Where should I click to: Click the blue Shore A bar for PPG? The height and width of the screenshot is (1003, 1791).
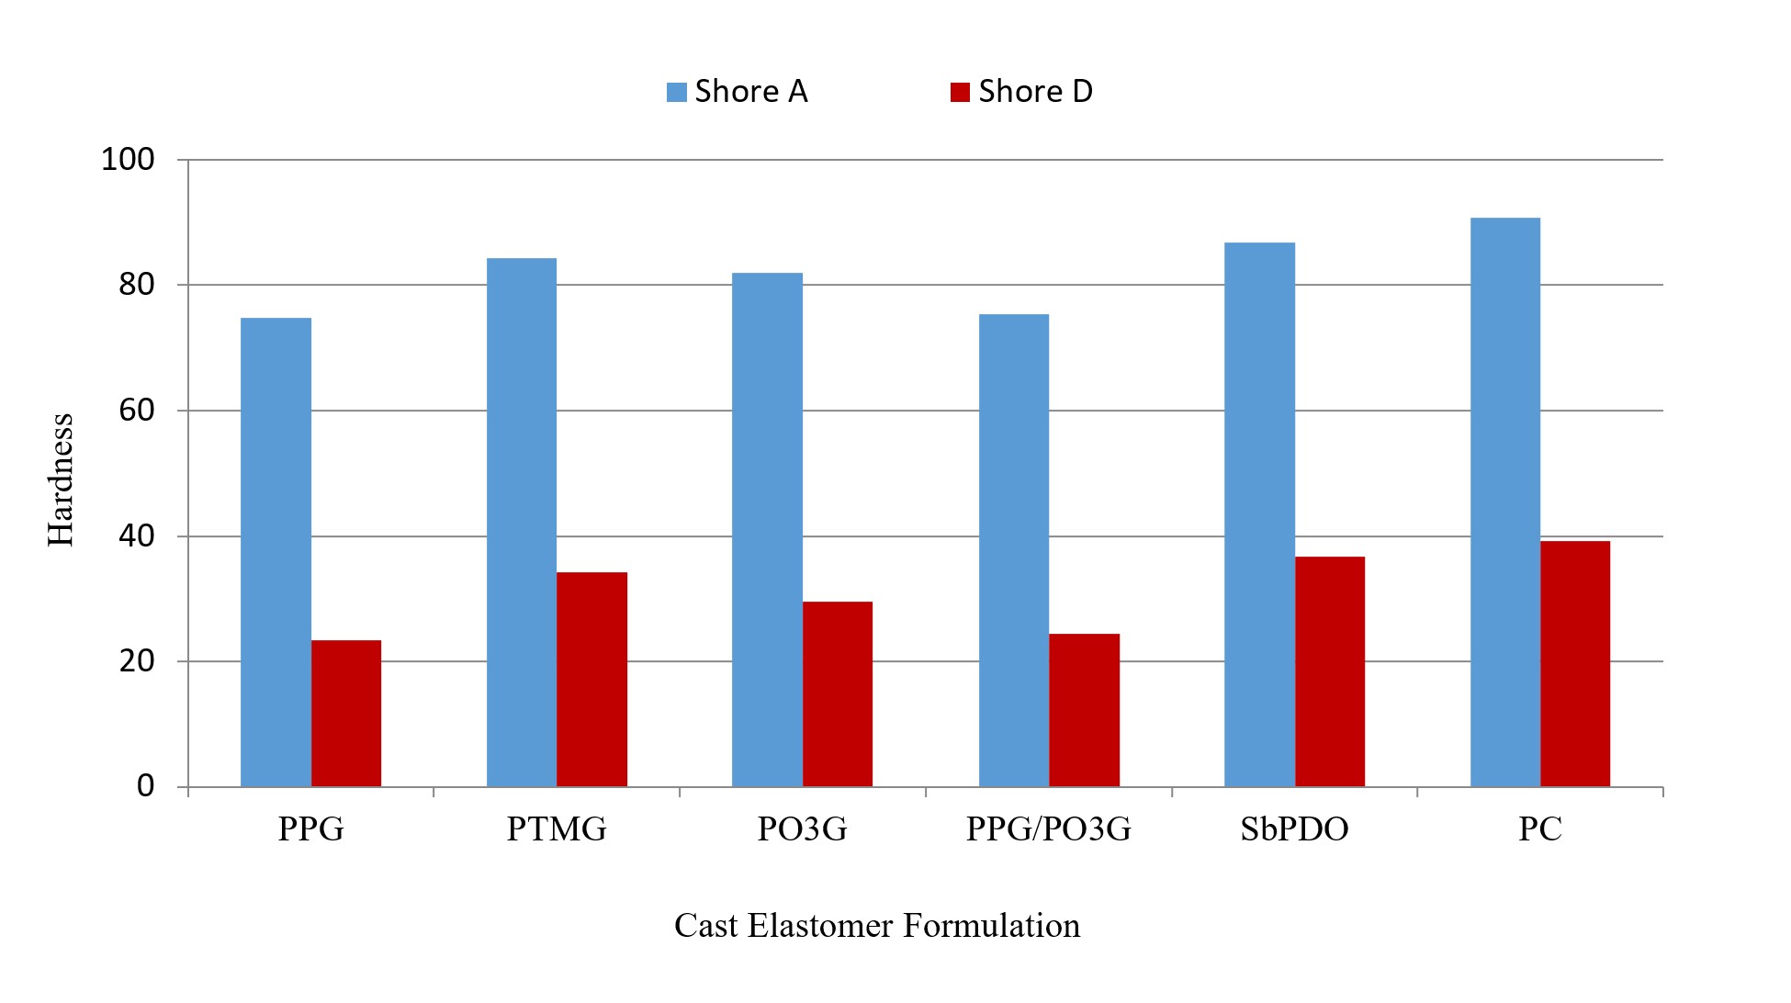click(x=276, y=552)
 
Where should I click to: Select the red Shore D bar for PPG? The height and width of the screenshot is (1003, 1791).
click(x=346, y=714)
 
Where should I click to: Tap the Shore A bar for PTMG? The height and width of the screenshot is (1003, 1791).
click(x=522, y=523)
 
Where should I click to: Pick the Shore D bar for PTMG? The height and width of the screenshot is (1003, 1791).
click(x=592, y=680)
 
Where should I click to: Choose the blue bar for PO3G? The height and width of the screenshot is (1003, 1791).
click(x=767, y=530)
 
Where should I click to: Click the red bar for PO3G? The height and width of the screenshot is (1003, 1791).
click(x=838, y=694)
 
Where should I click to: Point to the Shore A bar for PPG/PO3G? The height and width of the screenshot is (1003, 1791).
click(x=1014, y=551)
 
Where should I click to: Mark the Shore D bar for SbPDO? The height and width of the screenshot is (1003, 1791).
click(x=1330, y=671)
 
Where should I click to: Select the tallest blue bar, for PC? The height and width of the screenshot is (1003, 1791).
click(x=1505, y=502)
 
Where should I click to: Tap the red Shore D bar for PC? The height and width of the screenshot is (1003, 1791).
click(x=1575, y=664)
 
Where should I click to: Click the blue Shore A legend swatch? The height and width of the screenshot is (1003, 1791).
click(x=677, y=92)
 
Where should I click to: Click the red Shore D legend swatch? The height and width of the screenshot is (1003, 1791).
click(x=960, y=92)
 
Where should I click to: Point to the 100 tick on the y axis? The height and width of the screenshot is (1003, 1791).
click(x=128, y=160)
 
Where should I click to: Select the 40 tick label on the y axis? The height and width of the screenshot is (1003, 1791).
click(x=137, y=536)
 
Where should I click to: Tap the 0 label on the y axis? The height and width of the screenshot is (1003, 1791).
click(x=146, y=786)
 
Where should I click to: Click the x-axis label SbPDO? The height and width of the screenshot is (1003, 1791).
click(x=1294, y=829)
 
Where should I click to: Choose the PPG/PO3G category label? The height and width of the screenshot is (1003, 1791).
click(x=1048, y=829)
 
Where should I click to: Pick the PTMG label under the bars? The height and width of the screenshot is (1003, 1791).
click(x=557, y=829)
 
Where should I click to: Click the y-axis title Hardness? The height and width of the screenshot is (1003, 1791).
click(x=61, y=479)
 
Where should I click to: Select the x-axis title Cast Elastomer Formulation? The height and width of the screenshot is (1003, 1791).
click(x=877, y=925)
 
